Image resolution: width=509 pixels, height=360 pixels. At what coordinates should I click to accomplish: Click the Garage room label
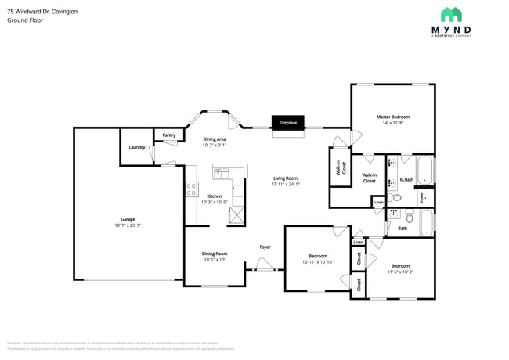point(127,219)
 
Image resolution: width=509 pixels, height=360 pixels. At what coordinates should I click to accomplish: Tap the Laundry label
point(136,147)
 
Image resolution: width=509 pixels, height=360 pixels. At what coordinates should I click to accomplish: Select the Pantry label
point(169,135)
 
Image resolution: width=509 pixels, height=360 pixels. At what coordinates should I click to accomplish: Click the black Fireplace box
point(287,123)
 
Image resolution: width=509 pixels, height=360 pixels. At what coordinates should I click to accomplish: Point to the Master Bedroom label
point(392,117)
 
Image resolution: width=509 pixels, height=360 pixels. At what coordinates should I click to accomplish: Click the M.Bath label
point(406,180)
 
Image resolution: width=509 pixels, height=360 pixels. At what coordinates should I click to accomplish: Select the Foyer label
point(265,247)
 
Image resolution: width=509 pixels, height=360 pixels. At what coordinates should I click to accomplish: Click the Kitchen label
point(214,196)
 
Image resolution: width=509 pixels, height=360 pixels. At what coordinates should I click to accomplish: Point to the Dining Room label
point(214,254)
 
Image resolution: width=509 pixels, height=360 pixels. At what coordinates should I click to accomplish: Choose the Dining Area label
point(214,139)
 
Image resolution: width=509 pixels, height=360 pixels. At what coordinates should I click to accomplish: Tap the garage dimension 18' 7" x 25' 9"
point(127,225)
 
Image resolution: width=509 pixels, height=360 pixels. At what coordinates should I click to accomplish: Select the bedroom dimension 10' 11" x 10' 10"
point(317,262)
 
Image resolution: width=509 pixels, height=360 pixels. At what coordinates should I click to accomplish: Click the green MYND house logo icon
point(450,15)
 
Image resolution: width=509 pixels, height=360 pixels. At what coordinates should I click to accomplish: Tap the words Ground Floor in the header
point(25,20)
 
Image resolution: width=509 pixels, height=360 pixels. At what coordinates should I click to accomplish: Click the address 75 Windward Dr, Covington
point(42,11)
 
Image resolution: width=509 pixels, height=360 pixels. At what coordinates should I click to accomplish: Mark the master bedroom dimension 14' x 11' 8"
point(392,123)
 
